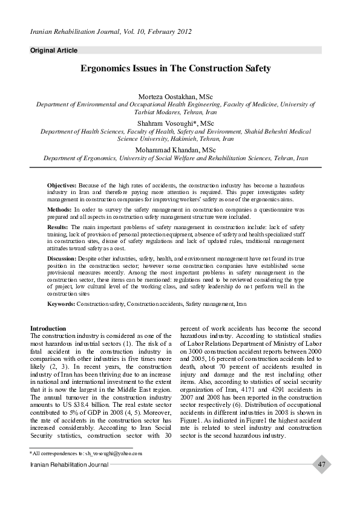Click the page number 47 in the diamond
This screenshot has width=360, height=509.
tap(321, 464)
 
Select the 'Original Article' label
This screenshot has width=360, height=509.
tap(54, 50)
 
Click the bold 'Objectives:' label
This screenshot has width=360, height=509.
tap(62, 184)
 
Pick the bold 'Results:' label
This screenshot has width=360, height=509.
tap(58, 226)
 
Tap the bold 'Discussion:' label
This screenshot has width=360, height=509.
tap(62, 258)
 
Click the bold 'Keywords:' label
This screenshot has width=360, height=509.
tap(61, 303)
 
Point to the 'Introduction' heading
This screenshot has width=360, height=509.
tap(48, 328)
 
